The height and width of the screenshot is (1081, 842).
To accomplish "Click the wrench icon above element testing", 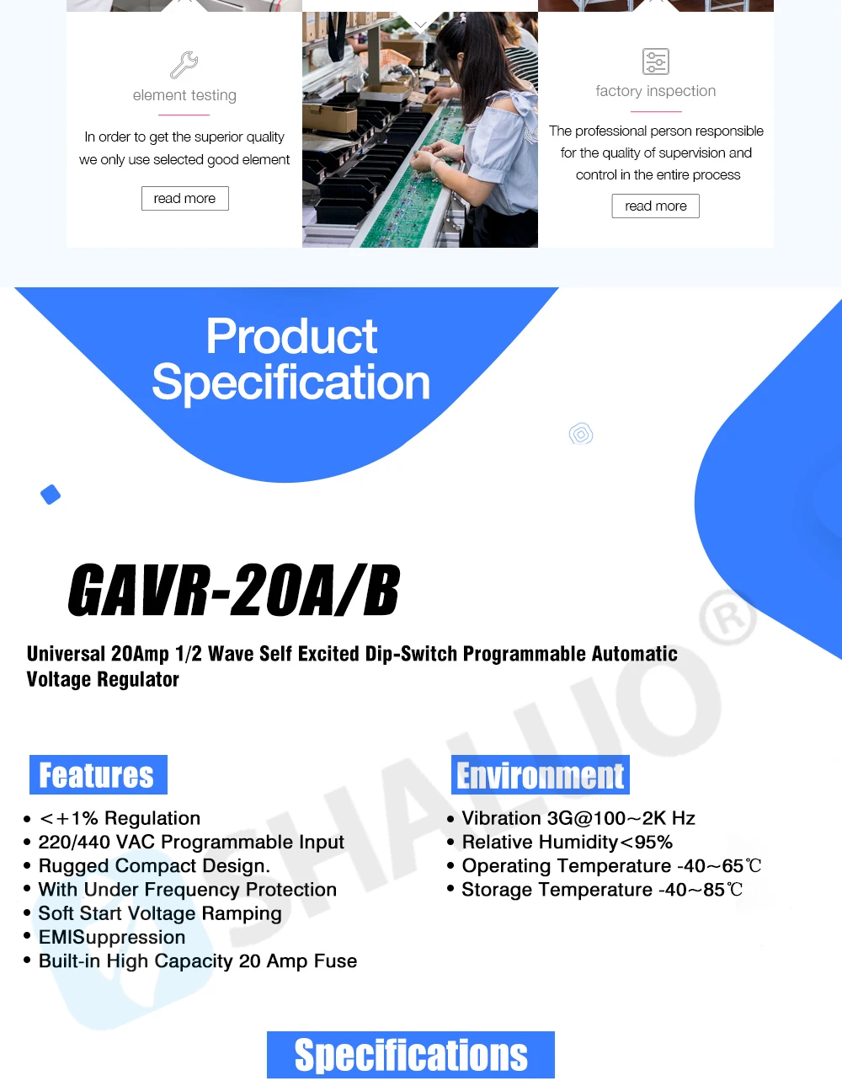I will click(x=184, y=65).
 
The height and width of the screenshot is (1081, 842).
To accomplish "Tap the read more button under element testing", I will click(x=185, y=198).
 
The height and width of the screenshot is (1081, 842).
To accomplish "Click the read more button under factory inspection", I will click(x=655, y=206).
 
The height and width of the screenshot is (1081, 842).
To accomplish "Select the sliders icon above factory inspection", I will click(x=655, y=62).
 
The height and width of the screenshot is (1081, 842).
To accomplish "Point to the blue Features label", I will click(x=98, y=774).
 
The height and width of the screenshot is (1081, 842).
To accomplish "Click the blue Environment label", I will click(x=541, y=775).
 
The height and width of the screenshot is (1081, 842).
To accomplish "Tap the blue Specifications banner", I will click(x=411, y=1055).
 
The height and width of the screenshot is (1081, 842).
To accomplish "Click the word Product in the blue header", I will click(x=291, y=337).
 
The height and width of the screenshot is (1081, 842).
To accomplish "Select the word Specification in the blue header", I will click(x=291, y=383).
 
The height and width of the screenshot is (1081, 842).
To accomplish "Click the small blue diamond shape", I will click(x=51, y=495).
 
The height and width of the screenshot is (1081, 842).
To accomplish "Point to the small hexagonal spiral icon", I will click(x=581, y=434).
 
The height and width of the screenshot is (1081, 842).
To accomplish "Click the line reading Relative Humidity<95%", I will click(x=567, y=842).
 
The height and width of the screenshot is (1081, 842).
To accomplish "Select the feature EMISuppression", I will click(x=112, y=937).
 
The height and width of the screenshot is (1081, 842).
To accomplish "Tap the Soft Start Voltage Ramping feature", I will click(x=160, y=913).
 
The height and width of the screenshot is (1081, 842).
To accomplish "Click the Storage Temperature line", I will click(x=601, y=890).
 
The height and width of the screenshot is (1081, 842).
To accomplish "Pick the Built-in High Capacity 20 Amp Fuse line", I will click(x=198, y=961).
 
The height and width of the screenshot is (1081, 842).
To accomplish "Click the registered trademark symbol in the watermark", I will click(x=728, y=618).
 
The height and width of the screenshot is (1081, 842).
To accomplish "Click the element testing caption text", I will click(x=184, y=95).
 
